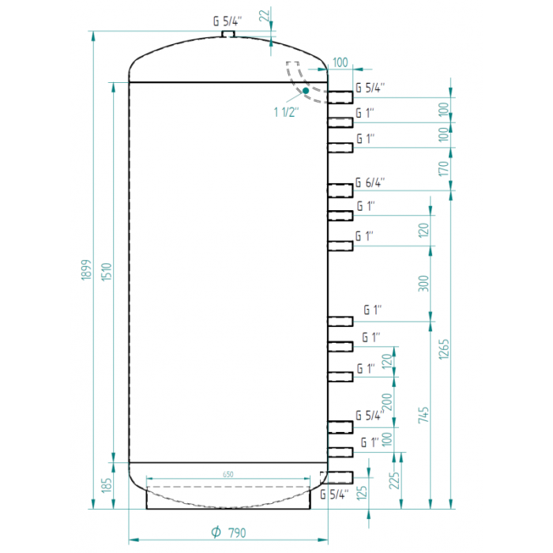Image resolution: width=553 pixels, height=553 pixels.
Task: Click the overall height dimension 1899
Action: [x=87, y=271]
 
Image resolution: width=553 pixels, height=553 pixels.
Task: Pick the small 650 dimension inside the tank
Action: [x=228, y=474]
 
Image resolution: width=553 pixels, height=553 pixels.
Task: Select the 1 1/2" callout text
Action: [x=286, y=112]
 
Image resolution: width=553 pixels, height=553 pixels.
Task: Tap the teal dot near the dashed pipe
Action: [x=306, y=92]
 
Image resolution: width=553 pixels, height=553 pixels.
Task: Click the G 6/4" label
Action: [x=369, y=182]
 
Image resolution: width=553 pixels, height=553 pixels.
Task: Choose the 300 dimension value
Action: [x=423, y=283]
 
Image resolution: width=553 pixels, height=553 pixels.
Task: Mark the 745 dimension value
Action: [x=423, y=416]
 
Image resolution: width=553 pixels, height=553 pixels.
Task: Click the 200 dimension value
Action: [x=387, y=401]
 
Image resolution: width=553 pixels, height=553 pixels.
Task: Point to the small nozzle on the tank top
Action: [x=229, y=34]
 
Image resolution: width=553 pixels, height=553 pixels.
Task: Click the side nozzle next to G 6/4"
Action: [x=340, y=190]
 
